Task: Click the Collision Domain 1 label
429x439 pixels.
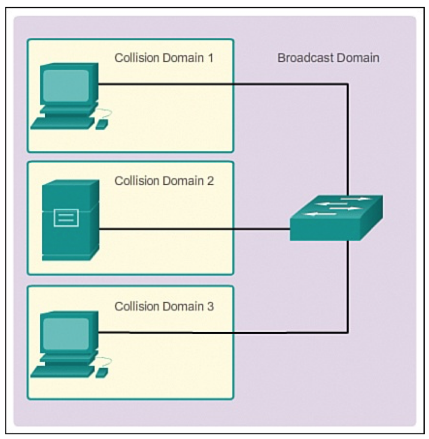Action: coord(164,58)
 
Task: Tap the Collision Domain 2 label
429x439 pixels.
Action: coord(164,181)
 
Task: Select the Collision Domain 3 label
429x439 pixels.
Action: coord(164,306)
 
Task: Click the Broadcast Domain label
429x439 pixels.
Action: coord(328,58)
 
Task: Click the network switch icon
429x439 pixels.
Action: coord(336,217)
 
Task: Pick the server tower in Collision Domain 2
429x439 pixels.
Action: coord(71,220)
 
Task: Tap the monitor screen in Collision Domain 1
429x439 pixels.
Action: coord(66,85)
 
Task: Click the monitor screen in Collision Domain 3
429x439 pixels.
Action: coord(66,334)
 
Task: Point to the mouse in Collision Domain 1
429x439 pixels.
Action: coord(102,124)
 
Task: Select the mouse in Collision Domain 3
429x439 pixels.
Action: coord(102,373)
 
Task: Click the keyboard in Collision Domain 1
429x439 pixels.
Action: coord(63,123)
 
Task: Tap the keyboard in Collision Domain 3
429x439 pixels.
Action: coord(63,372)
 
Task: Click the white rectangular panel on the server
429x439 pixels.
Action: coord(66,217)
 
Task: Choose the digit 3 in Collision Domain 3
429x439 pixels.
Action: coord(210,306)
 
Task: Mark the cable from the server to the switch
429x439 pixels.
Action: coord(195,229)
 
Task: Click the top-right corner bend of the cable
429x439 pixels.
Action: coord(348,84)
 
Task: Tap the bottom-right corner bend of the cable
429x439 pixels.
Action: coord(348,333)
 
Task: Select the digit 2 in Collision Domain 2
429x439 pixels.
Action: coord(210,181)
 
